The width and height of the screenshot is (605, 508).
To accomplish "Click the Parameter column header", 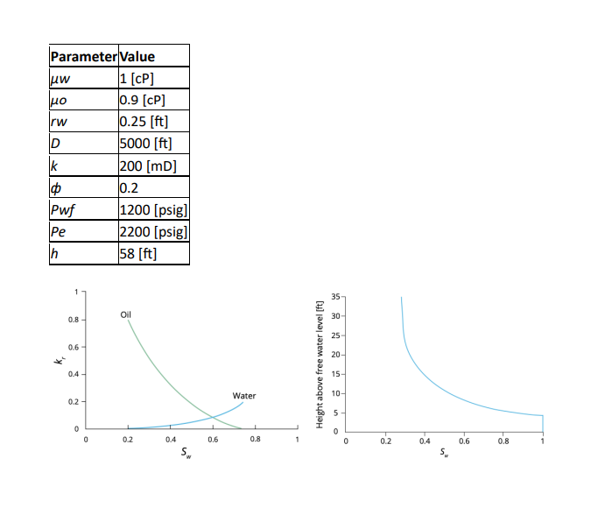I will [83, 57].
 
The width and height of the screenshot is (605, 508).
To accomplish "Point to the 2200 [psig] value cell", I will [153, 232].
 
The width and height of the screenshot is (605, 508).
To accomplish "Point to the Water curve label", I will [243, 396].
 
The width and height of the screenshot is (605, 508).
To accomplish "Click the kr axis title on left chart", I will [59, 360].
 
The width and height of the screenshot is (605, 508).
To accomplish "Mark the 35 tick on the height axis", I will [337, 296].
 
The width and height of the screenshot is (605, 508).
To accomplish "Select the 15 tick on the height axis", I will [337, 374].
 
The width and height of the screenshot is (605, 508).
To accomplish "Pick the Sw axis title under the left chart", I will [184, 455].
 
